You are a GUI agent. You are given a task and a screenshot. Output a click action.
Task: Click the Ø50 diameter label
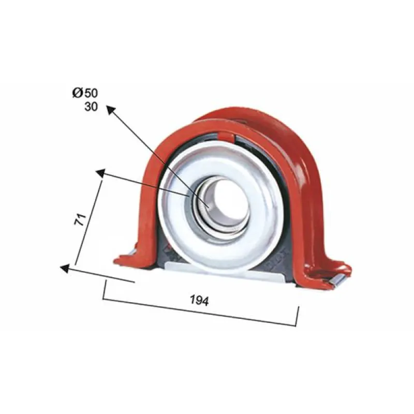tap(85, 93)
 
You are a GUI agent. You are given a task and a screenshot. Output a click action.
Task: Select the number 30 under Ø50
tap(91, 107)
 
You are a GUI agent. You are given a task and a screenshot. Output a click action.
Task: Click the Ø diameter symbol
tap(77, 93)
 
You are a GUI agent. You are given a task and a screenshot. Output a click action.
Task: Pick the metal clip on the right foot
tap(339, 280)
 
